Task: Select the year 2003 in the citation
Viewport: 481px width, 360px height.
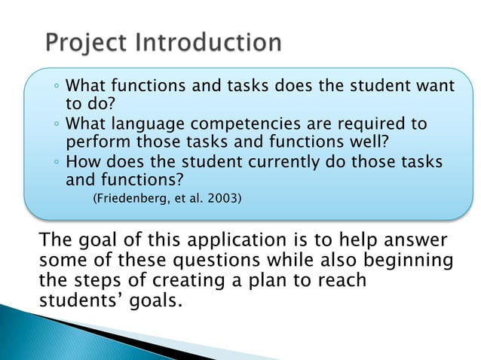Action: (225, 199)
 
